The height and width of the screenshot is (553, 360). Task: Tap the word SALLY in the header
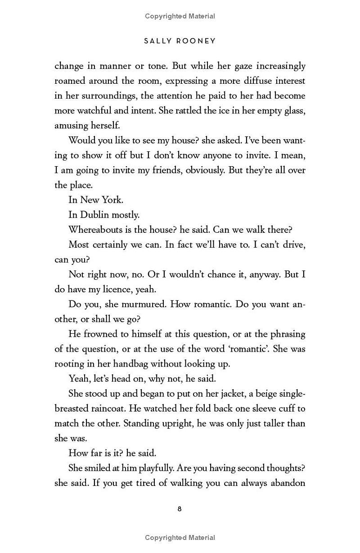[157, 41]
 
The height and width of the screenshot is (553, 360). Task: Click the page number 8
[180, 509]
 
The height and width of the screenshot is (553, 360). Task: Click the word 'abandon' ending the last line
[286, 483]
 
